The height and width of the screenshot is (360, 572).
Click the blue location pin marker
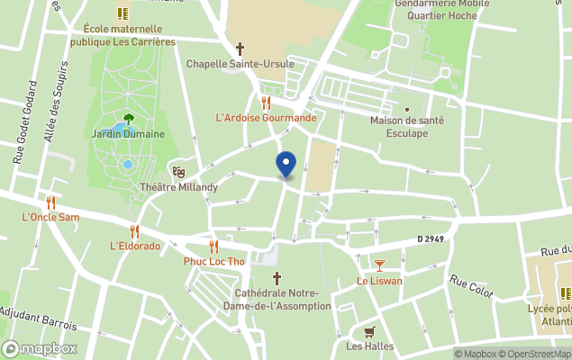[286, 165]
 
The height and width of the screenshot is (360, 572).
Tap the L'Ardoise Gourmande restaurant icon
[266, 103]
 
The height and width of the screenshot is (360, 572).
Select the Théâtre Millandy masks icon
[178, 171]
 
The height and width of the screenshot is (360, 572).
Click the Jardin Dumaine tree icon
[128, 118]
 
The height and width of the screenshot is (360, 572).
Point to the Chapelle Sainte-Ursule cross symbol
[240, 49]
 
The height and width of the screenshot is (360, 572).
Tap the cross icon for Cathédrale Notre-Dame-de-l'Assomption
[277, 278]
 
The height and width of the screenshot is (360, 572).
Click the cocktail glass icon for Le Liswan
[379, 265]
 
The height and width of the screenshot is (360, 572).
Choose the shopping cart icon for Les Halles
[368, 331]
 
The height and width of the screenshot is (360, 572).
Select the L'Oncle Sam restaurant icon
[50, 202]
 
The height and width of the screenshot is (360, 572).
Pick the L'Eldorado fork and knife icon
[134, 231]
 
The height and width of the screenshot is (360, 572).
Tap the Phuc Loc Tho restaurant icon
[213, 247]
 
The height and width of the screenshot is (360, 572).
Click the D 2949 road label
[432, 238]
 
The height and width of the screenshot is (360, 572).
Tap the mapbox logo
[40, 348]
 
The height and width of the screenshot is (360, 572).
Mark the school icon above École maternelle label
[123, 13]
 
